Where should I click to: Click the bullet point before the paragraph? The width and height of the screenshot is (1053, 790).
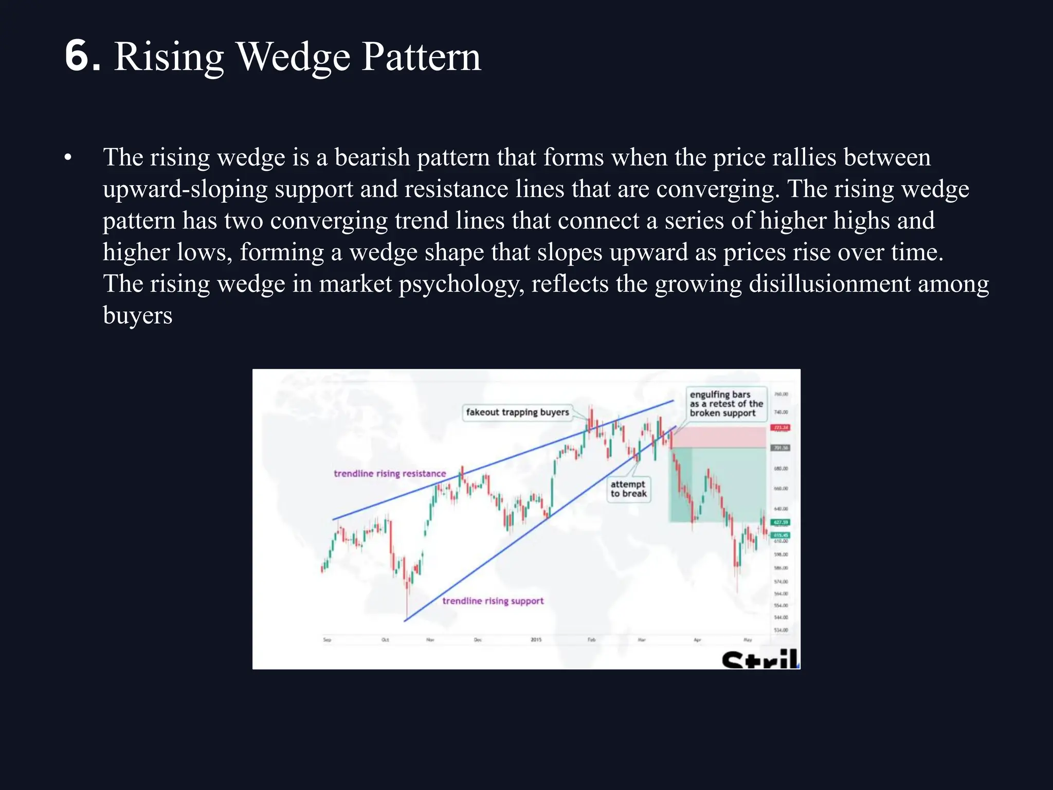(68, 158)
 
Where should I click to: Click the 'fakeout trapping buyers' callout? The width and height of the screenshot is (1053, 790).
(517, 412)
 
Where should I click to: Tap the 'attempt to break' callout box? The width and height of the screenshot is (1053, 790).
(628, 489)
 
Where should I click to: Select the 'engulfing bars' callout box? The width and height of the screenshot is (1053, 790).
(725, 404)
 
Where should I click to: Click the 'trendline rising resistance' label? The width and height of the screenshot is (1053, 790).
(390, 474)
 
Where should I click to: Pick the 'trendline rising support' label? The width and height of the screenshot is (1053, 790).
(493, 601)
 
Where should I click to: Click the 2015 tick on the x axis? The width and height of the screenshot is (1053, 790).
(536, 640)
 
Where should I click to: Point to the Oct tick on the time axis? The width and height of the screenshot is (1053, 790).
(385, 640)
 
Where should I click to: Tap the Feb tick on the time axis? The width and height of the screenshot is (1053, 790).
(591, 640)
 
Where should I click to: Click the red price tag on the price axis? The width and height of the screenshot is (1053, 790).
(780, 427)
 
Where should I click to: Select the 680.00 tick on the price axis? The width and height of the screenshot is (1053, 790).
(781, 469)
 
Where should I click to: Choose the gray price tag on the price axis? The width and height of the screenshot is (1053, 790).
(780, 448)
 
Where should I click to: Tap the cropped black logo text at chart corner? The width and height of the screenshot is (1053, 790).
(760, 659)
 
